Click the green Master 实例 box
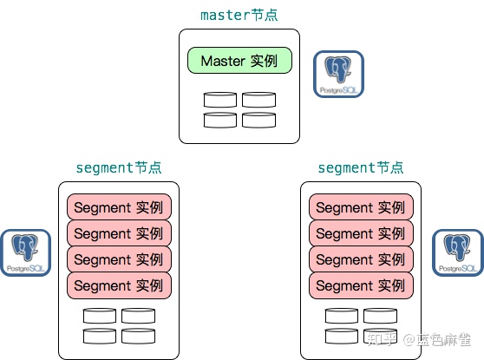[239, 61]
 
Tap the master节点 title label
[239, 15]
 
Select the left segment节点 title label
[119, 167]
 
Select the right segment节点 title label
[361, 167]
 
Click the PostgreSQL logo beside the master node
[338, 74]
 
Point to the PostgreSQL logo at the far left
[25, 253]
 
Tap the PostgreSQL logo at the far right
[458, 253]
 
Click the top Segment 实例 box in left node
[119, 207]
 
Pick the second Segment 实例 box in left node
[119, 233]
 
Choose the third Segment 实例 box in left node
[119, 259]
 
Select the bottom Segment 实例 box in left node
[119, 285]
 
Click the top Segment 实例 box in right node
[361, 207]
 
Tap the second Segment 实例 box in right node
[361, 233]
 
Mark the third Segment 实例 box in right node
[361, 259]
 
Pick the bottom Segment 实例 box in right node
[361, 285]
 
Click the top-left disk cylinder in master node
[220, 101]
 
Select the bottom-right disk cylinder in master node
[258, 120]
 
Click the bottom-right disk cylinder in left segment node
[138, 336]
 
